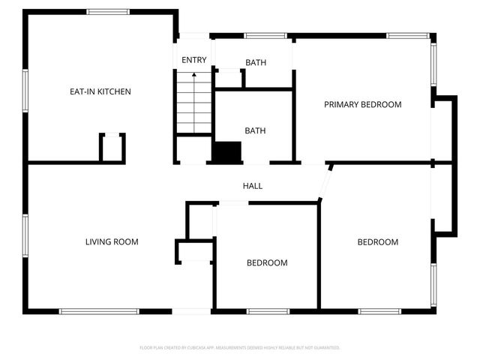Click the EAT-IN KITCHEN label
[x=100, y=91]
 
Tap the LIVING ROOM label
[x=112, y=241]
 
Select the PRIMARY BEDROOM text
[x=362, y=104]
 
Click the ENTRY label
[x=193, y=60]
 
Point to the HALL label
[x=252, y=186]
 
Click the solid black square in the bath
[x=226, y=152]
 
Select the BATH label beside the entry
[x=256, y=62]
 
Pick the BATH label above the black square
[x=255, y=130]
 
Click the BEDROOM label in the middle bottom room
[x=267, y=262]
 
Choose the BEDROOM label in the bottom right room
[x=377, y=241]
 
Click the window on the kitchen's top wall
[x=109, y=11]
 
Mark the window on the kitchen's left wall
[x=25, y=91]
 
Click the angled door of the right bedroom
[x=325, y=181]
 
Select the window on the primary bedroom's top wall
[x=408, y=35]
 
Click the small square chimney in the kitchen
[x=112, y=147]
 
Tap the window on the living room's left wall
[x=25, y=235]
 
